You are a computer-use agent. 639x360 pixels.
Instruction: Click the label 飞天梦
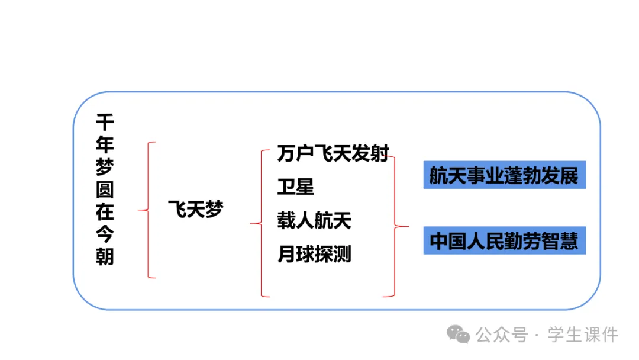pyautogui.click(x=196, y=210)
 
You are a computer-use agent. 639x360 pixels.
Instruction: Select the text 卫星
pyautogui.click(x=295, y=187)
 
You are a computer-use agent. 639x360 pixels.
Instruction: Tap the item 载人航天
pyautogui.click(x=314, y=220)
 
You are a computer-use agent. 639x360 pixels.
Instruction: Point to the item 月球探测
pyautogui.click(x=314, y=254)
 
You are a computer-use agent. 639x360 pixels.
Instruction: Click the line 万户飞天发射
pyautogui.click(x=333, y=153)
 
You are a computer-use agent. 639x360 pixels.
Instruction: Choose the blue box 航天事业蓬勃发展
pyautogui.click(x=504, y=175)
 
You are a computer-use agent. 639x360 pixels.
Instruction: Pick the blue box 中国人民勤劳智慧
pyautogui.click(x=504, y=241)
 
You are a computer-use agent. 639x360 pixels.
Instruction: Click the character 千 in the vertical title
pyautogui.click(x=105, y=123)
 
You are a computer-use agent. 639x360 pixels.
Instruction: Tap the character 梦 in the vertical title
pyautogui.click(x=105, y=168)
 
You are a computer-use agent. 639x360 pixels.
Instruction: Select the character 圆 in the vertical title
pyautogui.click(x=105, y=190)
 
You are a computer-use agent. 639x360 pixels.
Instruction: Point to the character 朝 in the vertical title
pyautogui.click(x=105, y=257)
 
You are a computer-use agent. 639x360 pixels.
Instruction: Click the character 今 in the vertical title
pyautogui.click(x=105, y=235)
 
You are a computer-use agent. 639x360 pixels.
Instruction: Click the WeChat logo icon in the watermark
pyautogui.click(x=459, y=335)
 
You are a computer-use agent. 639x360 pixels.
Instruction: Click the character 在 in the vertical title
pyautogui.click(x=105, y=213)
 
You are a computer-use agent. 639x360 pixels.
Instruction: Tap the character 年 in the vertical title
pyautogui.click(x=105, y=145)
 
